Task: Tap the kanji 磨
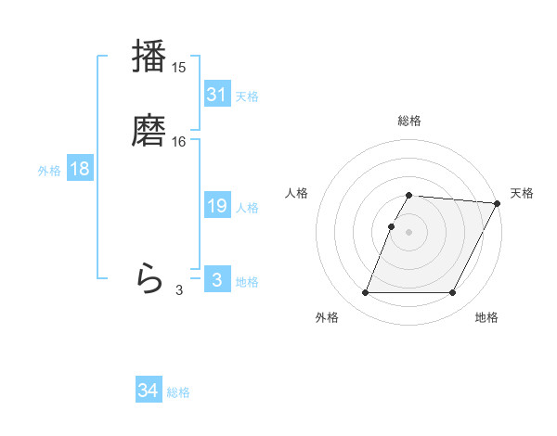coord(149,130)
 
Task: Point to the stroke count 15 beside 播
coord(179,68)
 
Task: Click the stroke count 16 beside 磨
coord(179,142)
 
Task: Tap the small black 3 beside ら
coord(179,290)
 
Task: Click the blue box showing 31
coord(216,94)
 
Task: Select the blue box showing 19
coord(216,206)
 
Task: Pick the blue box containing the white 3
coord(216,279)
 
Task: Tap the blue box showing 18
coord(80,169)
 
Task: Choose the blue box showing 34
coord(148,391)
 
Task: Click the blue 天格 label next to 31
coord(247,96)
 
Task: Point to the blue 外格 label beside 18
coord(49,171)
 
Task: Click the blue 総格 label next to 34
coord(178,392)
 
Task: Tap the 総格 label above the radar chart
coord(409,121)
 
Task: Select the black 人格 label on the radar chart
coord(297,193)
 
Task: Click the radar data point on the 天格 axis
coord(498,203)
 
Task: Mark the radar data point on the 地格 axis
coord(452,293)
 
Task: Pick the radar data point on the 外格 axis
coord(366,293)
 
